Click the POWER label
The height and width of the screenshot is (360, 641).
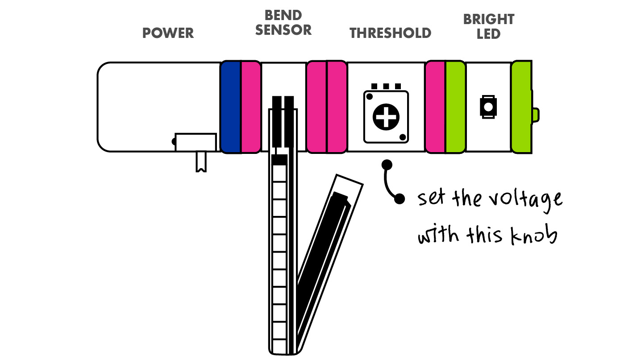click(x=168, y=33)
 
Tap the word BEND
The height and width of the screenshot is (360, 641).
click(x=283, y=15)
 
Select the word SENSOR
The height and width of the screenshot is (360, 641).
click(x=283, y=30)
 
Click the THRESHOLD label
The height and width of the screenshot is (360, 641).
click(x=390, y=33)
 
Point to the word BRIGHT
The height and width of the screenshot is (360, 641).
click(x=489, y=19)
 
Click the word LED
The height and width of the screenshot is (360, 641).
click(x=488, y=34)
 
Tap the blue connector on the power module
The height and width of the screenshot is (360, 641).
click(x=231, y=107)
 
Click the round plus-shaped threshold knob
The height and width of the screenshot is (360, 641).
click(x=386, y=117)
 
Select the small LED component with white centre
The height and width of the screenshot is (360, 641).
click(x=488, y=107)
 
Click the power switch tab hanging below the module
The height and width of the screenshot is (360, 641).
click(x=201, y=161)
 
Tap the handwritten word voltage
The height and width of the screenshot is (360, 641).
click(x=525, y=200)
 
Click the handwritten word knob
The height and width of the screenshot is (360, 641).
click(x=534, y=235)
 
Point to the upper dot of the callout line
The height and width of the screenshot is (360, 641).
click(x=387, y=165)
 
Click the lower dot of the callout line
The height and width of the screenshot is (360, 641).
click(x=400, y=199)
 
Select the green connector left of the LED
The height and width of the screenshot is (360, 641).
click(x=455, y=107)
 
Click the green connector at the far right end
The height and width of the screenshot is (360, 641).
click(x=522, y=107)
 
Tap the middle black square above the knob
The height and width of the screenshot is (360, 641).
click(x=386, y=87)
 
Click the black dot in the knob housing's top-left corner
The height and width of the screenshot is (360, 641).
click(x=370, y=97)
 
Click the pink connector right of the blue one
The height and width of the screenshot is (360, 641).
click(x=251, y=107)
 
